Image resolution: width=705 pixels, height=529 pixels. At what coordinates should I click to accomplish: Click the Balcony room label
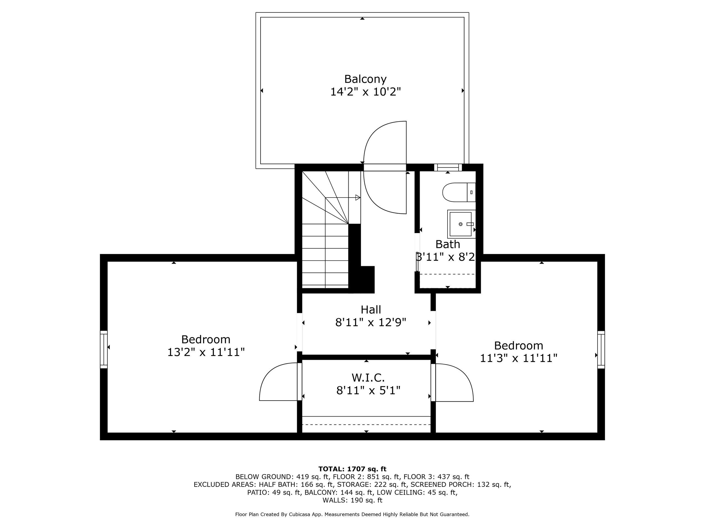click(x=365, y=79)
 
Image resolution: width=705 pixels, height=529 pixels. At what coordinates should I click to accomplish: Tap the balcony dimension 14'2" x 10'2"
click(x=365, y=92)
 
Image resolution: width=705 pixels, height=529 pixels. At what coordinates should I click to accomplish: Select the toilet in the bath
click(x=458, y=192)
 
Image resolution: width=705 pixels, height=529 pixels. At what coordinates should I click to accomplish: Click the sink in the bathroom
click(x=460, y=224)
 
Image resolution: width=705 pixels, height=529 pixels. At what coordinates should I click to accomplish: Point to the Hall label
click(x=371, y=310)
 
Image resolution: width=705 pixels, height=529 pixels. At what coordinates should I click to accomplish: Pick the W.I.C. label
click(x=368, y=378)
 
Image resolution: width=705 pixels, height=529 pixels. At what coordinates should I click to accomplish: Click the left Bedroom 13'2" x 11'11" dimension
click(x=206, y=352)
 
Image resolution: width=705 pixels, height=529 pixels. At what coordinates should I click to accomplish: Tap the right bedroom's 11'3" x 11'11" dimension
click(x=519, y=358)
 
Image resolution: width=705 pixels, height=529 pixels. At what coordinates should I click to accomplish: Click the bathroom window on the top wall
click(x=448, y=168)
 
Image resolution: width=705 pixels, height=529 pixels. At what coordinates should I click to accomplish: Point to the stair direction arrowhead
click(x=358, y=198)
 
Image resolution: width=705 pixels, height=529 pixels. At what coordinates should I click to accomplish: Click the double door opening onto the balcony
click(x=385, y=168)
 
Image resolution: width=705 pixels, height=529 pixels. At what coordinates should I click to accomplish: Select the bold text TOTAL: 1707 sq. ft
click(x=352, y=469)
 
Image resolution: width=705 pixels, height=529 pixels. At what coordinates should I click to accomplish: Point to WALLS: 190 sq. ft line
click(x=352, y=500)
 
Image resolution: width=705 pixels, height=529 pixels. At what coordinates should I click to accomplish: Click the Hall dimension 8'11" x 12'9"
click(x=371, y=323)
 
